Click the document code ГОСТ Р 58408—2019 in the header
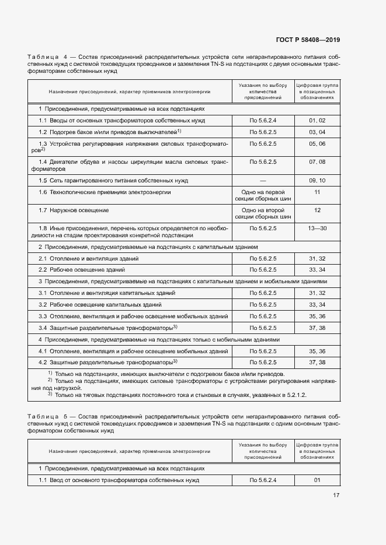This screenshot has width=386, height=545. (x=307, y=40)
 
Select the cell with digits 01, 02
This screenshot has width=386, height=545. (x=317, y=120)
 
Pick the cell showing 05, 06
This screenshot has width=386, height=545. (x=317, y=143)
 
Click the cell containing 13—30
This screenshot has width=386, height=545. (x=317, y=228)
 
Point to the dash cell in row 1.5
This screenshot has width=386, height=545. (x=262, y=181)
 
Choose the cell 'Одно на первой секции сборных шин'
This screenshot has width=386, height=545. (x=262, y=195)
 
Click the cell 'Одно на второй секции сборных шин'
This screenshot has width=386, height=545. (x=262, y=213)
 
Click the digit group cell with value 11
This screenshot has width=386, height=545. (x=317, y=192)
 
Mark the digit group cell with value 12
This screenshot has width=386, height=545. (x=317, y=210)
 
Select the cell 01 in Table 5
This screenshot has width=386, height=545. (x=317, y=480)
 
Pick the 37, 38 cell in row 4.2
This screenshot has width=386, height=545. (x=317, y=363)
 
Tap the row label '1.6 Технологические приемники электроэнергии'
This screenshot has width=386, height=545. (x=105, y=192)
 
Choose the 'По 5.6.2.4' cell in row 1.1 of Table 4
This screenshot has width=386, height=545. (x=262, y=120)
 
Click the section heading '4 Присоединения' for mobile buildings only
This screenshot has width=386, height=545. (x=159, y=339)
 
